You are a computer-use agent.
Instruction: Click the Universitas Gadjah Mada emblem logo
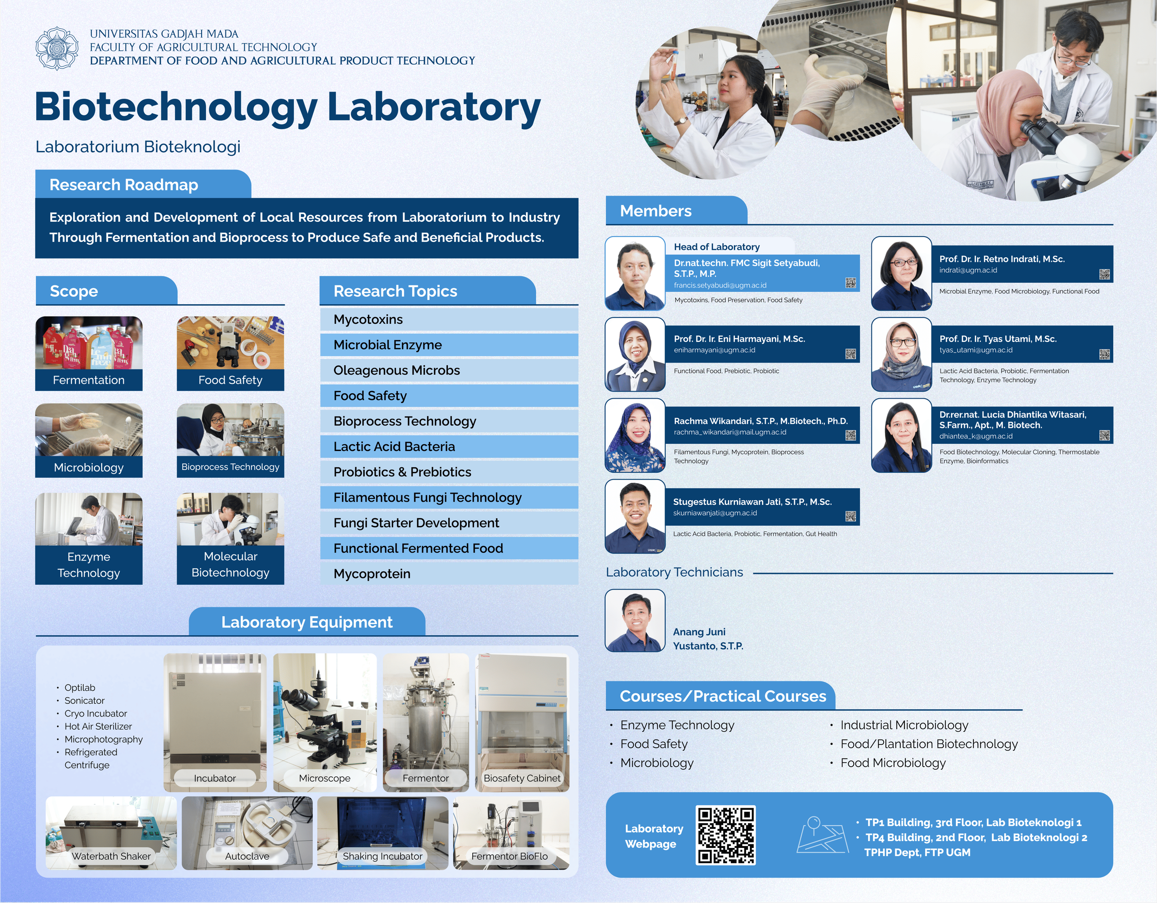[56, 48]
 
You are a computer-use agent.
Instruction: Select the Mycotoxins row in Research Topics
[449, 320]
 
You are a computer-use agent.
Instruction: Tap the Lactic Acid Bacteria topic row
[449, 447]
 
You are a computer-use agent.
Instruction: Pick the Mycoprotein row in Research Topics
[449, 574]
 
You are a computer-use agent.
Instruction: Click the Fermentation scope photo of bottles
[89, 343]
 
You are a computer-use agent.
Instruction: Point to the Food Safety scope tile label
[230, 380]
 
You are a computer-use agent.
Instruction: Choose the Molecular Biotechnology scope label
[230, 565]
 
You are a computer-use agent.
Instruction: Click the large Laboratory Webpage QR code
[726, 835]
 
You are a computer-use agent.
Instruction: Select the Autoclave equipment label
[247, 856]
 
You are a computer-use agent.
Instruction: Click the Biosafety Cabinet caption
[522, 778]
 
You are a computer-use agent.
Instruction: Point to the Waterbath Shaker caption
[111, 856]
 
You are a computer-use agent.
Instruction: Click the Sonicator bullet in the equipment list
[84, 700]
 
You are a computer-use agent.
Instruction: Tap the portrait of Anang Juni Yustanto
[635, 620]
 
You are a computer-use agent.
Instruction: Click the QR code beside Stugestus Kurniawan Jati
[851, 516]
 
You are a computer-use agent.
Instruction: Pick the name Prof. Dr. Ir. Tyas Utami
[998, 339]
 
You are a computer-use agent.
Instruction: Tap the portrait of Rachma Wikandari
[635, 436]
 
